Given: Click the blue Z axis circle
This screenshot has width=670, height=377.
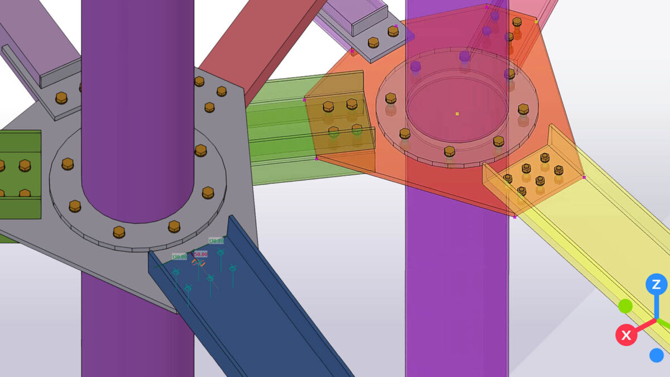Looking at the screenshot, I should pos(656,284).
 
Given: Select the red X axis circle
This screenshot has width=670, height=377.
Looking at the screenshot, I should pos(626,335).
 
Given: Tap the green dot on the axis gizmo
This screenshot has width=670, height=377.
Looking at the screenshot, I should pos(625,306).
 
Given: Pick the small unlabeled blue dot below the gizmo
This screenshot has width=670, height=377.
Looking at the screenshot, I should pos(656,355).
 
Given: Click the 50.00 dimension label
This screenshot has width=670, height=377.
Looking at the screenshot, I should pos(200,254).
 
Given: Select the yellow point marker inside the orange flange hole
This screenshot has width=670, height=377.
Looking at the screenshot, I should pos(457,113).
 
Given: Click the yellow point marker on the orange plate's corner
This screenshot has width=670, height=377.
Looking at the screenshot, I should pos(537,22).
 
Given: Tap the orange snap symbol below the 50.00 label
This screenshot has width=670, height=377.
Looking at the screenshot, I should pos(198,263).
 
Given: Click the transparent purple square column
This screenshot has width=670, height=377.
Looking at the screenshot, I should pos(455,279).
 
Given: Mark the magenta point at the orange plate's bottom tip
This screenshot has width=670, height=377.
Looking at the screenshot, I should pos(514,217).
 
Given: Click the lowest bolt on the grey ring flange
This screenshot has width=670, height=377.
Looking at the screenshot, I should pos(119,232).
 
